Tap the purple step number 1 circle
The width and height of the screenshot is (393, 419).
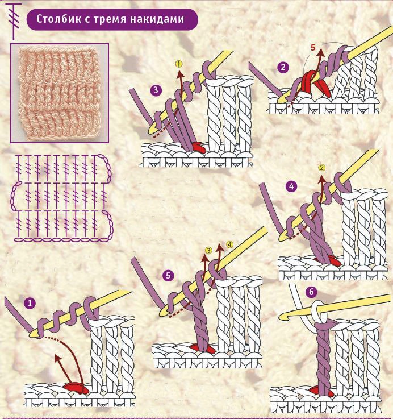click(30, 303)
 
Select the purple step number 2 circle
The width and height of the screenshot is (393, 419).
click(283, 67)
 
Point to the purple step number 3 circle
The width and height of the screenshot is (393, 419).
click(156, 90)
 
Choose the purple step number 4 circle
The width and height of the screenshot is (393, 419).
click(291, 186)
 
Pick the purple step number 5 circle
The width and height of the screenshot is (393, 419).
click(168, 276)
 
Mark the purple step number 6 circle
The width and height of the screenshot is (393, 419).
click(311, 292)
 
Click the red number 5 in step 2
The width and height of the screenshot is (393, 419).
click(313, 48)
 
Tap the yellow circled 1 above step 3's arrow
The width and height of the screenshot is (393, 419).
click(179, 64)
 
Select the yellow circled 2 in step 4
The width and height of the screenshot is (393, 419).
click(322, 168)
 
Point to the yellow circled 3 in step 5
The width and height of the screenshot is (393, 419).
click(208, 250)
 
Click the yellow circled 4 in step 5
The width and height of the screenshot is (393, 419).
click(229, 244)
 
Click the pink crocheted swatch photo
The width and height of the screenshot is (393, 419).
click(60, 93)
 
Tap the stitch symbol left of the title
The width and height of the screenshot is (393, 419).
click(14, 21)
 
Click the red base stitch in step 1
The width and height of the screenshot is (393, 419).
click(76, 388)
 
